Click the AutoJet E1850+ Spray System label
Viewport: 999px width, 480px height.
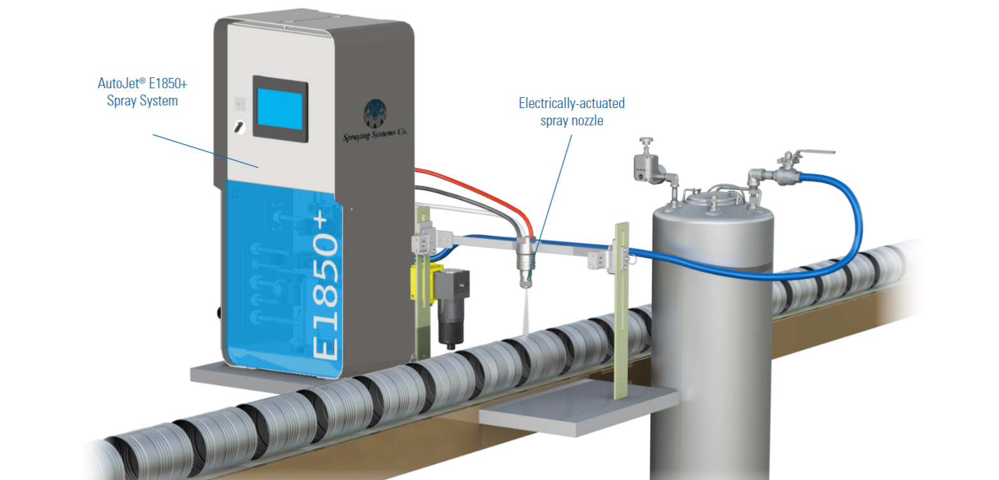pyautogui.click(x=142, y=91)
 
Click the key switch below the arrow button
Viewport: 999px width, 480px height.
pyautogui.click(x=240, y=127)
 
